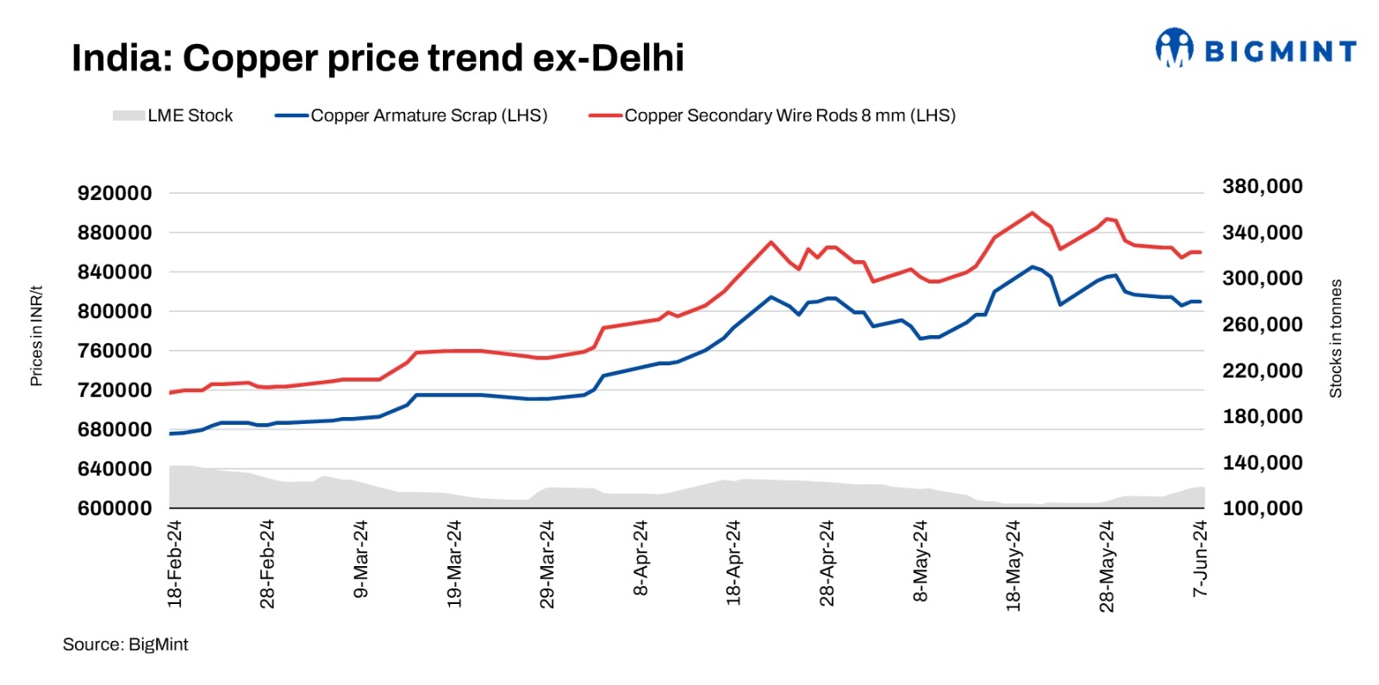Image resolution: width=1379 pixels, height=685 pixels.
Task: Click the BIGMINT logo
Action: pyautogui.click(x=1256, y=49)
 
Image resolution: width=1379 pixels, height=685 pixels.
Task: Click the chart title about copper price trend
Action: pyautogui.click(x=378, y=59)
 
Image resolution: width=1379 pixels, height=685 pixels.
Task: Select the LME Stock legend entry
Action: pyautogui.click(x=172, y=115)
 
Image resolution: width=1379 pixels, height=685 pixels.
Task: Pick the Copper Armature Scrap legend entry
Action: pyautogui.click(x=411, y=115)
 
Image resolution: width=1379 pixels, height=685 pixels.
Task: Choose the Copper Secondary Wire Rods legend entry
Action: pyautogui.click(x=772, y=115)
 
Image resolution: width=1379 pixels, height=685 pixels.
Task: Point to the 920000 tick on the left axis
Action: pyautogui.click(x=115, y=193)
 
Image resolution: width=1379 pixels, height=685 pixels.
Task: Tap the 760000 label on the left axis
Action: pyautogui.click(x=115, y=351)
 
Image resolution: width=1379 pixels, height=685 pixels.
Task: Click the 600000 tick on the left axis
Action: pyautogui.click(x=115, y=508)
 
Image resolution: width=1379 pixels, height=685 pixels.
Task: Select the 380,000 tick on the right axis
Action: pyautogui.click(x=1262, y=186)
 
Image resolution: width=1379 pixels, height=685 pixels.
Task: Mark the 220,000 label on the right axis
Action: pyautogui.click(x=1262, y=371)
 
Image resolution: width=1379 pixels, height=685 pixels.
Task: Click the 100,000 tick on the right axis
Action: pyautogui.click(x=1262, y=508)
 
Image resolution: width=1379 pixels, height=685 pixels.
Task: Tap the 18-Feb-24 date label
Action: pyautogui.click(x=175, y=564)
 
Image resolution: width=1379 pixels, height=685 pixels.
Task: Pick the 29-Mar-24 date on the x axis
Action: pyautogui.click(x=547, y=564)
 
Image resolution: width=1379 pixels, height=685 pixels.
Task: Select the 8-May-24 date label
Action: pyautogui.click(x=920, y=560)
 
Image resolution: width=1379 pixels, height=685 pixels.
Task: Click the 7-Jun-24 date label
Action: pyautogui.click(x=1200, y=558)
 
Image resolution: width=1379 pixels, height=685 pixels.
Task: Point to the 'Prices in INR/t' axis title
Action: pyautogui.click(x=36, y=336)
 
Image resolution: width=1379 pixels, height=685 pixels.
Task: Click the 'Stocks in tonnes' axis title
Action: pyautogui.click(x=1336, y=339)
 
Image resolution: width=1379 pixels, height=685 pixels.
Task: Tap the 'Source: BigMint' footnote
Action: pyautogui.click(x=125, y=645)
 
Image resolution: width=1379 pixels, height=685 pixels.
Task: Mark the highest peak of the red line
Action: pyautogui.click(x=1033, y=213)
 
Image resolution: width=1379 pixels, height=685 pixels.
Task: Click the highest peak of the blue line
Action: pyautogui.click(x=1032, y=267)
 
